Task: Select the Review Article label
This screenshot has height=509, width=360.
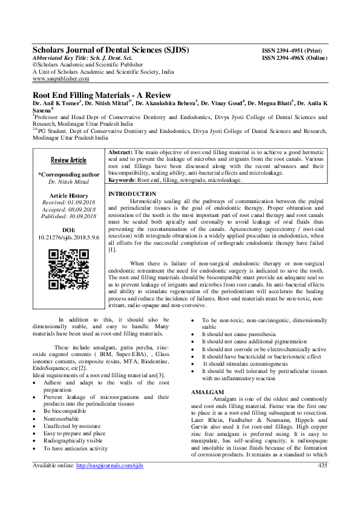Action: pos(68,160)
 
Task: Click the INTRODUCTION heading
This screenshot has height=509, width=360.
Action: pos(131,193)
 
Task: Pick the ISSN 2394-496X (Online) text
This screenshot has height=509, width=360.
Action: pos(293,58)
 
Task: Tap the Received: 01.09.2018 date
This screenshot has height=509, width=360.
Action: pos(68,203)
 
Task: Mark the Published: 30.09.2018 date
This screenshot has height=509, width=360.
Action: pos(68,216)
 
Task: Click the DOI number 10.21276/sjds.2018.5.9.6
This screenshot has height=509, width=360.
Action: pos(68,238)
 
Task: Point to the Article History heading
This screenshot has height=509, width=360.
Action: pos(68,196)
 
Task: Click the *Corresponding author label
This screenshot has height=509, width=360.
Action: pos(68,174)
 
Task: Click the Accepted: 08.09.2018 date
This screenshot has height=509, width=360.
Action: pos(68,210)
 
